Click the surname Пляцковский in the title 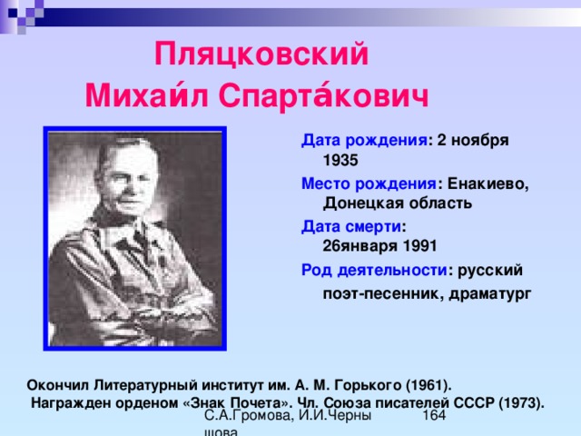(261, 54)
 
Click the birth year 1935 (340, 160)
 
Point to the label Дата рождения (364, 141)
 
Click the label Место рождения (369, 183)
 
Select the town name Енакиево (488, 183)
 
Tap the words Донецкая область (398, 203)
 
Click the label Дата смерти (351, 226)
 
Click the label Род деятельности (373, 271)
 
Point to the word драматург (490, 294)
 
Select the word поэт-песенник (383, 294)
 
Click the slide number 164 (434, 415)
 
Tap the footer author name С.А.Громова (249, 416)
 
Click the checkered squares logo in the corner (22, 15)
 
